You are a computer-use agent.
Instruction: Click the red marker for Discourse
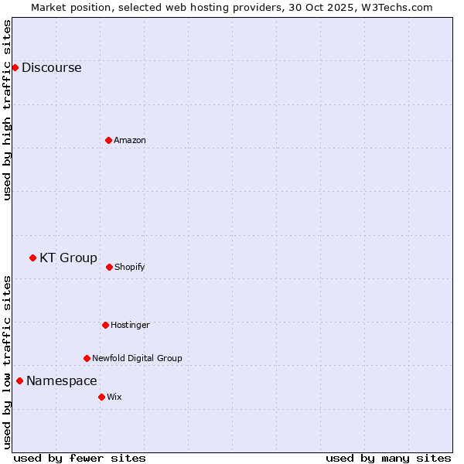pyautogui.click(x=15, y=67)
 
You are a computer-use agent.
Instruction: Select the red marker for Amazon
pyautogui.click(x=108, y=140)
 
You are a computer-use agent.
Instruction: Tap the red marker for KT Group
pyautogui.click(x=32, y=258)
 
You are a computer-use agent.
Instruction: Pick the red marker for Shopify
pyautogui.click(x=109, y=267)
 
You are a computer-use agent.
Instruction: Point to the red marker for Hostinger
pyautogui.click(x=105, y=325)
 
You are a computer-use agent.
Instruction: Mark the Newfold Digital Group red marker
pyautogui.click(x=87, y=358)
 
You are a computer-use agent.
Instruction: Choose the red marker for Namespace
pyautogui.click(x=19, y=380)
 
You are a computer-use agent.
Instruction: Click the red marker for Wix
pyautogui.click(x=101, y=397)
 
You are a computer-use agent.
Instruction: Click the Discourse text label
pyautogui.click(x=51, y=67)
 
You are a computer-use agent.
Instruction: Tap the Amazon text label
pyautogui.click(x=130, y=140)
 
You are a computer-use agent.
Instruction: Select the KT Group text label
pyautogui.click(x=68, y=258)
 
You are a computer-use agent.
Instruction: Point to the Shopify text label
pyautogui.click(x=130, y=267)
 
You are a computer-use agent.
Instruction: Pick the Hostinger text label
pyautogui.click(x=130, y=325)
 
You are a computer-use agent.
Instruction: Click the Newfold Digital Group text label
pyautogui.click(x=137, y=358)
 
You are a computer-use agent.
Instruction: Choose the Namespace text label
pyautogui.click(x=62, y=380)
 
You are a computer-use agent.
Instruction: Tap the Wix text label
pyautogui.click(x=114, y=397)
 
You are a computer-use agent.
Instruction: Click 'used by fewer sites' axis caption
pyautogui.click(x=80, y=458)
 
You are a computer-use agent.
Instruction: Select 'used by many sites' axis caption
pyautogui.click(x=388, y=458)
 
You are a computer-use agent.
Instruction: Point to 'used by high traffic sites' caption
pyautogui.click(x=7, y=110)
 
